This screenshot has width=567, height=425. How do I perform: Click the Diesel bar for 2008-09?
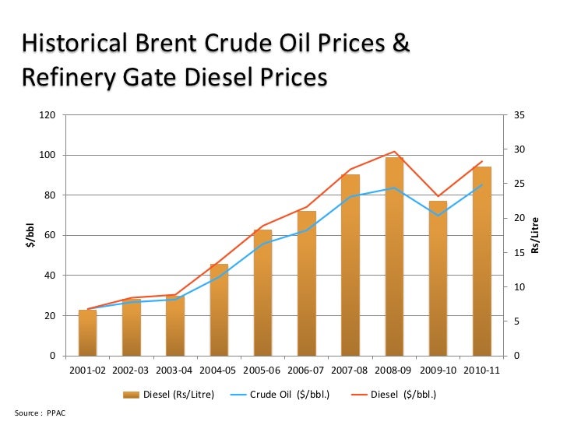tap(394, 257)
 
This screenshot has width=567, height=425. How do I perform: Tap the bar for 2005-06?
tap(262, 293)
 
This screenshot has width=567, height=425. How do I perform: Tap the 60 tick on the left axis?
tap(50, 236)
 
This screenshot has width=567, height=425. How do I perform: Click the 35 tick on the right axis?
tap(520, 115)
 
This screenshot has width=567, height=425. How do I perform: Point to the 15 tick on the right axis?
tap(520, 253)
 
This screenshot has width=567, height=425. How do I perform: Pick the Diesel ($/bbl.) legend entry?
tap(393, 395)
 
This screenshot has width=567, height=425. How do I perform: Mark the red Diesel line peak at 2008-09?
tap(394, 152)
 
